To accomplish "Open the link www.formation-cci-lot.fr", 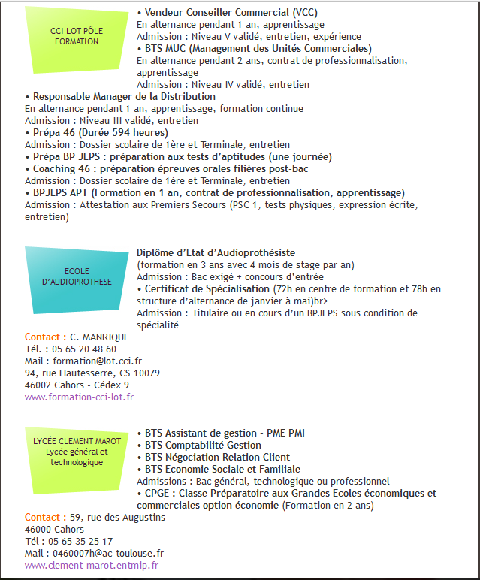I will click(79, 397).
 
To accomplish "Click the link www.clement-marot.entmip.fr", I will click(92, 565).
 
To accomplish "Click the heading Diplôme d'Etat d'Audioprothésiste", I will click(216, 252).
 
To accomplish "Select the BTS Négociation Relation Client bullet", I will click(217, 457).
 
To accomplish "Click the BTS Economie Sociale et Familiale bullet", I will click(222, 469).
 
